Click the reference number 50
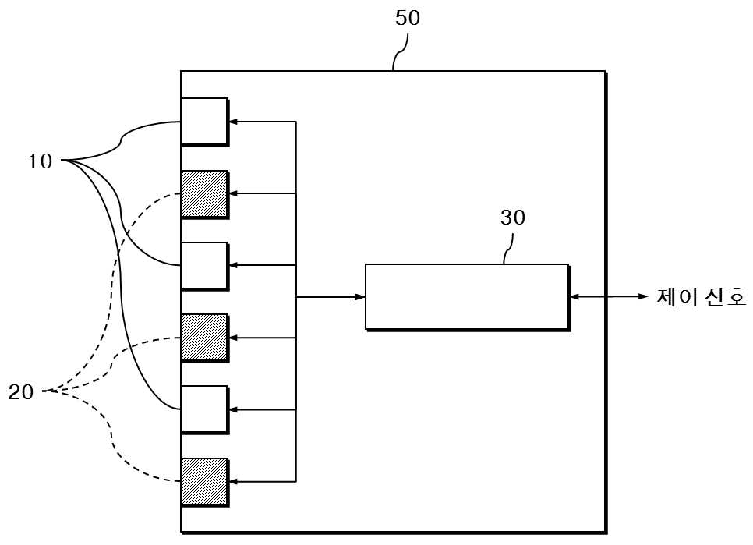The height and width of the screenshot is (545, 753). pos(407,18)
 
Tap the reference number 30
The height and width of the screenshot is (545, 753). pos(512,218)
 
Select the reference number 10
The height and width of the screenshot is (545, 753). pos(40,161)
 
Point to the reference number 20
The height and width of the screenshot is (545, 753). pos(21,392)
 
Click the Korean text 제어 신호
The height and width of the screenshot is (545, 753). pos(701,297)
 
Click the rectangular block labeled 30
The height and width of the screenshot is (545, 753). pos(467,297)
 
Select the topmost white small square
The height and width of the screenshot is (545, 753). pos(204,122)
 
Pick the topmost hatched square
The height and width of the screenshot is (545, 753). pos(204,194)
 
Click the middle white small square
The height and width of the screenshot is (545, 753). pos(204,266)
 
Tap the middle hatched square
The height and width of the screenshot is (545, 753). pos(204,338)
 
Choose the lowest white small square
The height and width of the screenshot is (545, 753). pos(204,409)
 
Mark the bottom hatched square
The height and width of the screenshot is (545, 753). pos(204,482)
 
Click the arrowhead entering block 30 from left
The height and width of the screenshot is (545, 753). pos(359,297)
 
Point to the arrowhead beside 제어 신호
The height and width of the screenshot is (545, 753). pos(643,296)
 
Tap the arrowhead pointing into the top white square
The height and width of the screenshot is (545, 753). pos(233,122)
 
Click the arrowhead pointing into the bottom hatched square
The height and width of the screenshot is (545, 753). pos(233,482)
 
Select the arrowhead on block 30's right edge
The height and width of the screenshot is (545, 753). pos(574,297)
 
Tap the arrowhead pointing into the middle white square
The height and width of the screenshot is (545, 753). pos(233,266)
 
